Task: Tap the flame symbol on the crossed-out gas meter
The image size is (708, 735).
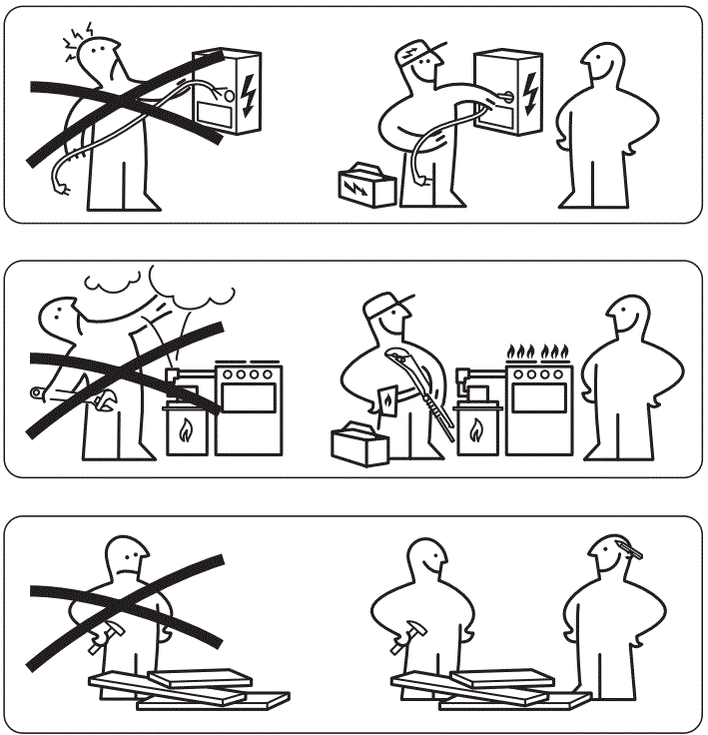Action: (186, 431)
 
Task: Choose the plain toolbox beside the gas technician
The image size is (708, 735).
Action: (359, 443)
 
